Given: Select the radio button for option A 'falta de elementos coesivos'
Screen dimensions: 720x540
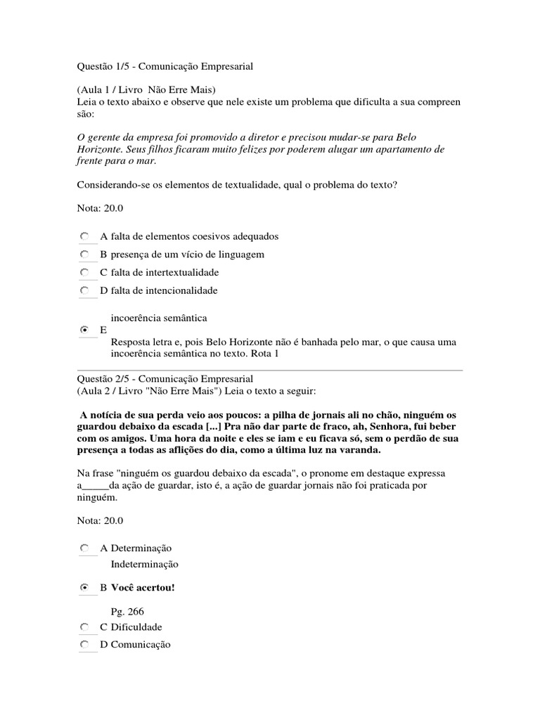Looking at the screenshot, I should [84, 236].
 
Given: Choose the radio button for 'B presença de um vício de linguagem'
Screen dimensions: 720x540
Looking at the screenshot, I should [84, 254].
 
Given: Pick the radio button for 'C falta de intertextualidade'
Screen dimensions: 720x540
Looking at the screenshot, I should [84, 272].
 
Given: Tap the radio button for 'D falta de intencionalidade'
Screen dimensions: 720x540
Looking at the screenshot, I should [84, 290].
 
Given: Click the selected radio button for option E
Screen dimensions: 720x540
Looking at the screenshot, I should [84, 329].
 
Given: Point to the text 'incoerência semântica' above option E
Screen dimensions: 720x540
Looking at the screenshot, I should [159, 318].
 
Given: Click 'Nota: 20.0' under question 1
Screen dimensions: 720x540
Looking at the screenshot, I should [98, 210].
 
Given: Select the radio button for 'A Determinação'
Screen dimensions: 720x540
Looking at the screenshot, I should [84, 548].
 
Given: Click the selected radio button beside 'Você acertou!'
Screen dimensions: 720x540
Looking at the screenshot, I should [84, 587].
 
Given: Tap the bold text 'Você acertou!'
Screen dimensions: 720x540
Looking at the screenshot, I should [143, 587].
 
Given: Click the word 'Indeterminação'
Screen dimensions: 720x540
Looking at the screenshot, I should [145, 564].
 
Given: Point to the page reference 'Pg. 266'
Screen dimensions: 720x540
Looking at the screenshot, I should [127, 612].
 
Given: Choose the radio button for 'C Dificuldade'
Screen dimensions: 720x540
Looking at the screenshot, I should [84, 626].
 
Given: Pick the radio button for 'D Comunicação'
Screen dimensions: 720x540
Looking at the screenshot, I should [84, 644].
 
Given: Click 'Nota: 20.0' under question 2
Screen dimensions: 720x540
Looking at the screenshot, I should [98, 521].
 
